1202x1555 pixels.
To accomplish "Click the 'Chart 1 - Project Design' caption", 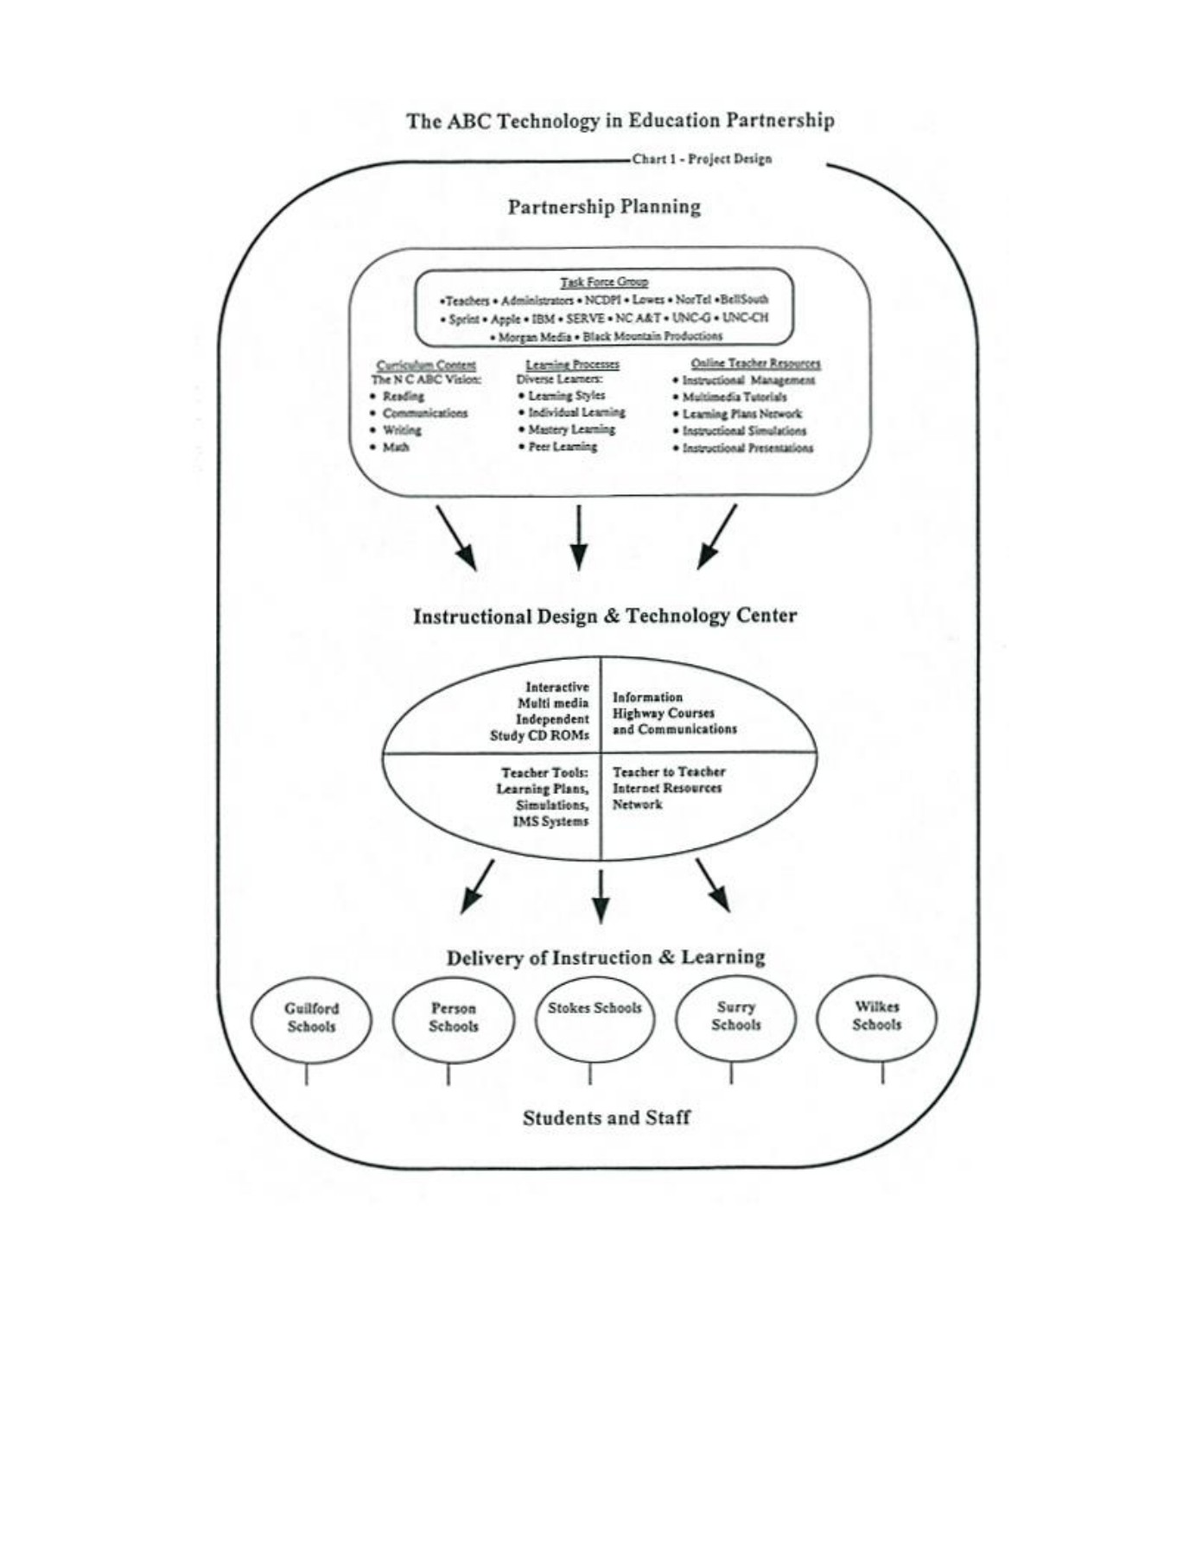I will pos(701,159).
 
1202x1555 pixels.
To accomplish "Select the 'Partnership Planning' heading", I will pos(604,207).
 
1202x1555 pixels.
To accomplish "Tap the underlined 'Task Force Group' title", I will pos(604,282).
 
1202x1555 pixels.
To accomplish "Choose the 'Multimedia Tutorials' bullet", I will pos(734,397).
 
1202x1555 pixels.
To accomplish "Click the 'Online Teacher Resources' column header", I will pos(755,364).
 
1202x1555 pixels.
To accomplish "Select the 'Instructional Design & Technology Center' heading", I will pos(604,616).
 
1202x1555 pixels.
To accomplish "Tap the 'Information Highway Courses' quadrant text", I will pos(674,713).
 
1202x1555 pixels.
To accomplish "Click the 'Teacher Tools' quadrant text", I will pos(544,797).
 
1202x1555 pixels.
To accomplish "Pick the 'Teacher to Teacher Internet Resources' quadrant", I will pos(667,788).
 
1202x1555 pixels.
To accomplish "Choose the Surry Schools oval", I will pos(735,1016).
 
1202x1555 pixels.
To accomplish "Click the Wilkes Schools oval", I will pos(877,1016).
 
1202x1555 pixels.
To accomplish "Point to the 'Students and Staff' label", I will pos(606,1118).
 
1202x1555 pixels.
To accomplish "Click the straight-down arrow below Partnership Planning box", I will pos(579,537).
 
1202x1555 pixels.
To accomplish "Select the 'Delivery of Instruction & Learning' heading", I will pos(605,957).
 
